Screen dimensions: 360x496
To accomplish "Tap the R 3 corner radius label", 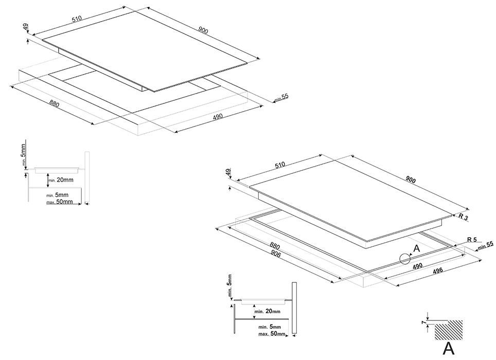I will click(x=463, y=218).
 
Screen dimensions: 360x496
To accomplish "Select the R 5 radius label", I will click(x=472, y=240).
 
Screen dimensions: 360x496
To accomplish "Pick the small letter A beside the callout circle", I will click(x=417, y=248).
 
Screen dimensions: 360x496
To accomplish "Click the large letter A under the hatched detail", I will click(x=448, y=349).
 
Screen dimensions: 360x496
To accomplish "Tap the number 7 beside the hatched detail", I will click(x=423, y=322).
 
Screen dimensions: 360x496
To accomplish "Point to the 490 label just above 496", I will click(x=417, y=264).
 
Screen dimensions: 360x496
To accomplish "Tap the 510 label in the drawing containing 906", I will click(x=279, y=166).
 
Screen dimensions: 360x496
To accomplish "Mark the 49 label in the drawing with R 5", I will click(x=228, y=173).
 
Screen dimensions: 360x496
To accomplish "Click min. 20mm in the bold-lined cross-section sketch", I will click(x=268, y=312).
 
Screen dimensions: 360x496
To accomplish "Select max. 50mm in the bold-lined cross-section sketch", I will click(x=270, y=334).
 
